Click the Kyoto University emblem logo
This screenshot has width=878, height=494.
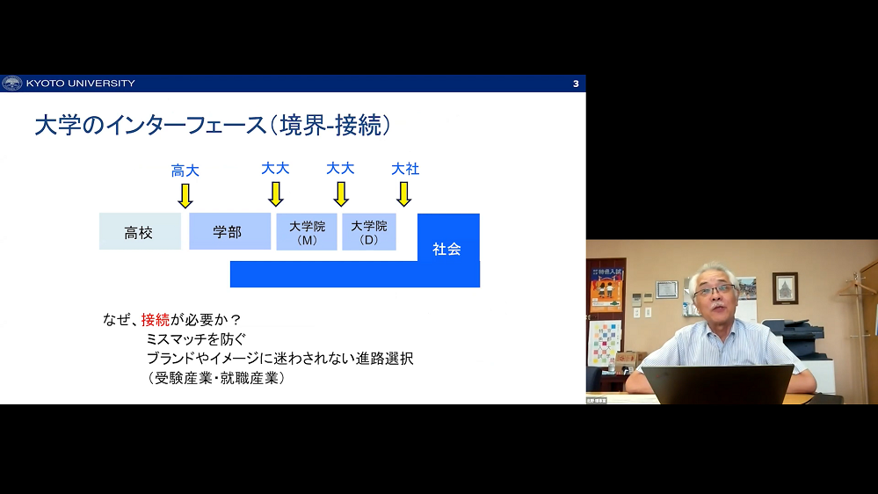11,84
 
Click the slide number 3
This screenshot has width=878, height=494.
576,84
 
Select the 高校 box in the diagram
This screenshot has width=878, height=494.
140,231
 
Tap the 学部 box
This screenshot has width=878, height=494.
229,231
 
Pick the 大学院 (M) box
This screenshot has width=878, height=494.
307,231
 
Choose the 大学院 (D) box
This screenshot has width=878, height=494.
369,231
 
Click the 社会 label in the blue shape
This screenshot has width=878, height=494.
446,250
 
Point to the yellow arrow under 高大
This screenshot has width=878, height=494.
185,196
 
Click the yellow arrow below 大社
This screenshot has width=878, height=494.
403,194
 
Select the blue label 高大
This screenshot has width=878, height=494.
185,171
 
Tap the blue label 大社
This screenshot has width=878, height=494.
405,169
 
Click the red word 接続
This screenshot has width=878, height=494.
155,320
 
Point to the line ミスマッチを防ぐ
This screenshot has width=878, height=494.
196,338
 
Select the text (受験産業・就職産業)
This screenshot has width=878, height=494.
217,378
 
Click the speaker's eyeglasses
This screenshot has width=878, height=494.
715,290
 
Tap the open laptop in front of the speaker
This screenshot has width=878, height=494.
718,384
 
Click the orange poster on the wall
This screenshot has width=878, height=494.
606,289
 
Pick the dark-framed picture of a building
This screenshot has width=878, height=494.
785,288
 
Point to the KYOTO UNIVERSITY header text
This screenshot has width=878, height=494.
81,84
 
